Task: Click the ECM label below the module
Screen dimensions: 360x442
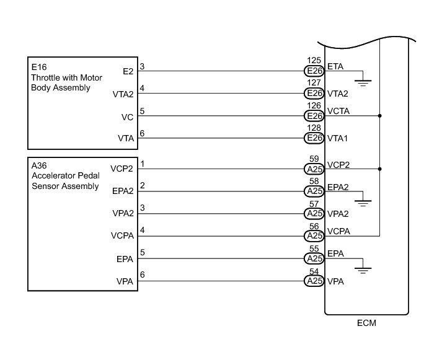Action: click(366, 323)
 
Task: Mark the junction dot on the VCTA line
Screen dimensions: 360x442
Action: click(379, 116)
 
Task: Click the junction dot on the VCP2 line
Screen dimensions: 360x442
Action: click(379, 169)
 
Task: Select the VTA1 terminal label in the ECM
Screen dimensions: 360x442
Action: click(339, 138)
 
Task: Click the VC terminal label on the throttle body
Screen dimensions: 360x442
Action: click(127, 116)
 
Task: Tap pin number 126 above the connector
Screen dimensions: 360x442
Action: click(315, 107)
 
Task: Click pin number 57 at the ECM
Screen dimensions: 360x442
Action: click(315, 204)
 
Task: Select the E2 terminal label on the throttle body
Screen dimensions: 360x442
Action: click(128, 71)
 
